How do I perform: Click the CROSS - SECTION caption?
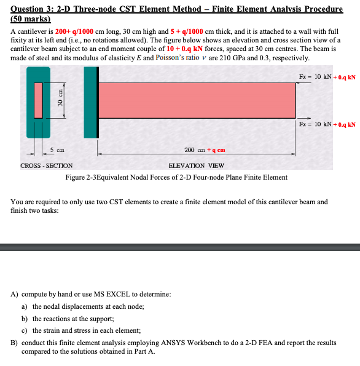tap(46, 165)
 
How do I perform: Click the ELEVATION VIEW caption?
tap(196, 165)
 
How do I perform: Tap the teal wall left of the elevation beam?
tap(90, 101)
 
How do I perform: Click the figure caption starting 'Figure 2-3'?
tap(176, 177)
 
